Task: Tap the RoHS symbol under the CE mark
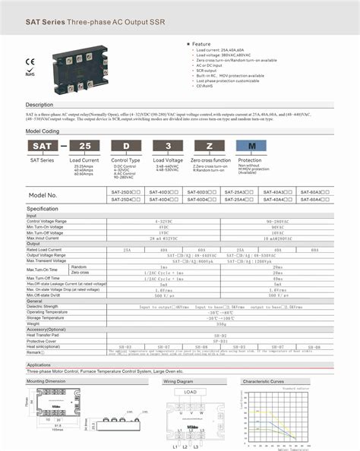point(30,73)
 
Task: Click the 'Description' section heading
point(39,105)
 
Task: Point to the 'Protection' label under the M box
point(250,160)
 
